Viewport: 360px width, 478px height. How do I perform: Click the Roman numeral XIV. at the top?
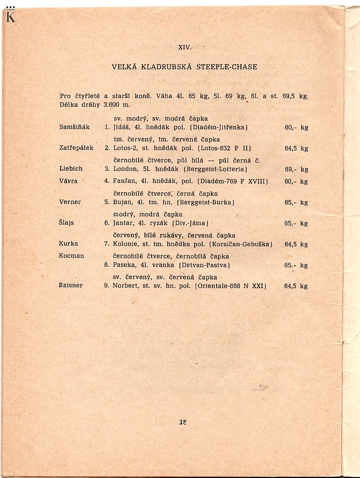coord(185,47)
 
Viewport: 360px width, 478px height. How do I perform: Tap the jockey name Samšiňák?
coord(74,127)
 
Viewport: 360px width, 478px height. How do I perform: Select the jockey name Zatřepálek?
coord(76,148)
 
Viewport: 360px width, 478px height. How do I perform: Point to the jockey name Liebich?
coord(71,169)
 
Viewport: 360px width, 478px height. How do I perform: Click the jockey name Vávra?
coord(68,181)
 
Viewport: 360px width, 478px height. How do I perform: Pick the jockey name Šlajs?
coord(67,223)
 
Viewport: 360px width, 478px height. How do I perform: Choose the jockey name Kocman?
coord(71,256)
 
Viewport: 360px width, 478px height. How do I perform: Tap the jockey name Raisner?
coord(71,285)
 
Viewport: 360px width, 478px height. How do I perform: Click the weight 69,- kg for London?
coord(296,169)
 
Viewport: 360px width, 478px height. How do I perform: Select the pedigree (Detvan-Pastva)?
coord(205,265)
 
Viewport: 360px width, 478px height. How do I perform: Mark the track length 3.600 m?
coord(117,105)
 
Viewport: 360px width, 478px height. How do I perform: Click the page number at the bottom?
coord(182,422)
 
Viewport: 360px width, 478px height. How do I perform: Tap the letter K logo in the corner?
coord(11,15)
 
